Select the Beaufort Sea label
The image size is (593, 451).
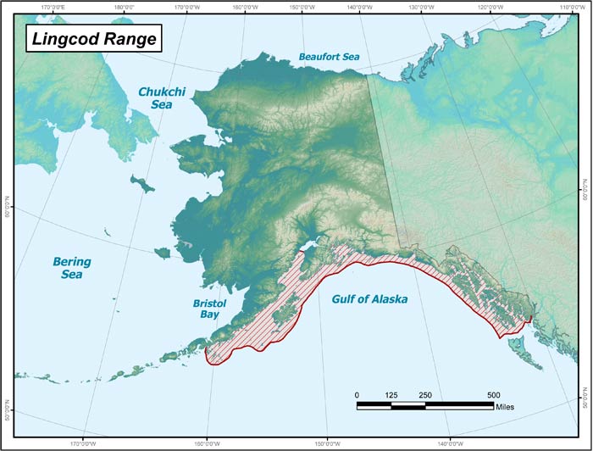329,57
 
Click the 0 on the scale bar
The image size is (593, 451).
357,395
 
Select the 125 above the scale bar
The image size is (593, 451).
391,395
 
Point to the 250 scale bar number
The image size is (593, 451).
425,395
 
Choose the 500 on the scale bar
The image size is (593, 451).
493,395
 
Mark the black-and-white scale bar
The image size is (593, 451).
424,405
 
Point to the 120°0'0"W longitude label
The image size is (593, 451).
495,7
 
